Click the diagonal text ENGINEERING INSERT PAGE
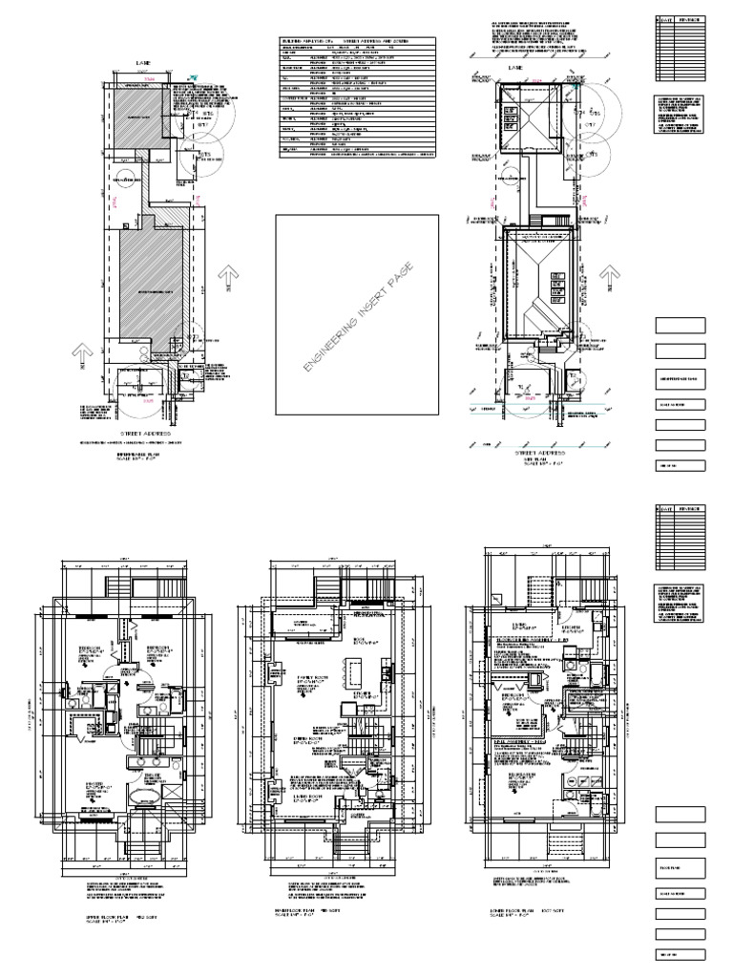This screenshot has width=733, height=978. [356, 316]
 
